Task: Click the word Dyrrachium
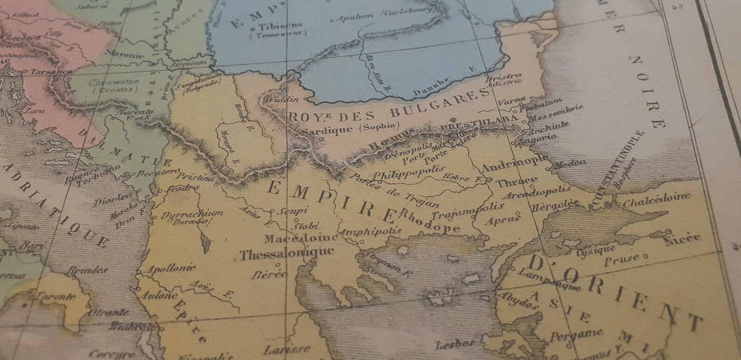coord(192,215)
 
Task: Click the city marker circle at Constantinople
coord(608,205)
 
